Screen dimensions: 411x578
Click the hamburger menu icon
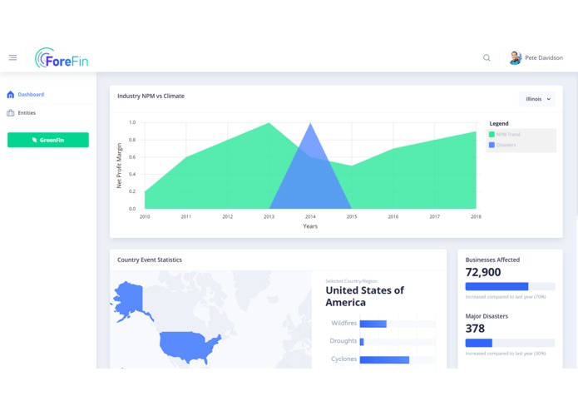12,57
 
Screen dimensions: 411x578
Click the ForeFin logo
62,58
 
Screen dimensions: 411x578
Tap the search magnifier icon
487,58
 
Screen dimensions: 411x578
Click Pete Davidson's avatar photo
515,58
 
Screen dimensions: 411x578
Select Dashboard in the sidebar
31,95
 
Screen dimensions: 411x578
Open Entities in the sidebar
27,113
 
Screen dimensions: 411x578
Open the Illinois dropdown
537,99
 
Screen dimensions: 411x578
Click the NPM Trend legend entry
507,134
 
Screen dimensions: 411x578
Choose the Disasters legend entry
506,145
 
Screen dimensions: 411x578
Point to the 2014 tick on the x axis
310,216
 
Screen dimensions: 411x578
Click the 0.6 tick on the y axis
131,157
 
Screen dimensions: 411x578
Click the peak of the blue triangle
310,124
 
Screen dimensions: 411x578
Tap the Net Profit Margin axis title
119,166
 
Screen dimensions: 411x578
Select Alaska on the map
129,300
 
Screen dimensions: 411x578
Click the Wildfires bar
373,324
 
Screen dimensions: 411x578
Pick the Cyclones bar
384,359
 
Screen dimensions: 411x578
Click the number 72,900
483,272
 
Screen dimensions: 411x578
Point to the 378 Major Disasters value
475,329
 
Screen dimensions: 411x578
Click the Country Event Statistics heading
150,260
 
